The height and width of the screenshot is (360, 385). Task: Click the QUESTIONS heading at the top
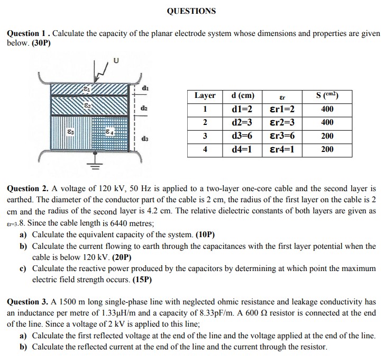tap(191, 11)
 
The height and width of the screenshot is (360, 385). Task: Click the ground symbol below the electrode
tap(97, 166)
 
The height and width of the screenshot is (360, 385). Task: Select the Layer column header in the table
tap(205, 96)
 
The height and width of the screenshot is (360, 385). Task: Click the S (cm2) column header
tap(327, 96)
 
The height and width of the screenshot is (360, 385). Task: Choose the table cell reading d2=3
tap(242, 123)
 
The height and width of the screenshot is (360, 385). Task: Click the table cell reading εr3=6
tap(282, 136)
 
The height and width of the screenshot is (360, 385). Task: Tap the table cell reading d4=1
tap(242, 149)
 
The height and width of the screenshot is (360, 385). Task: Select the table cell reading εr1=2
tap(282, 110)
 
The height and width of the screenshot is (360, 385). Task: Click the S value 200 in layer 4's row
tap(327, 149)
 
